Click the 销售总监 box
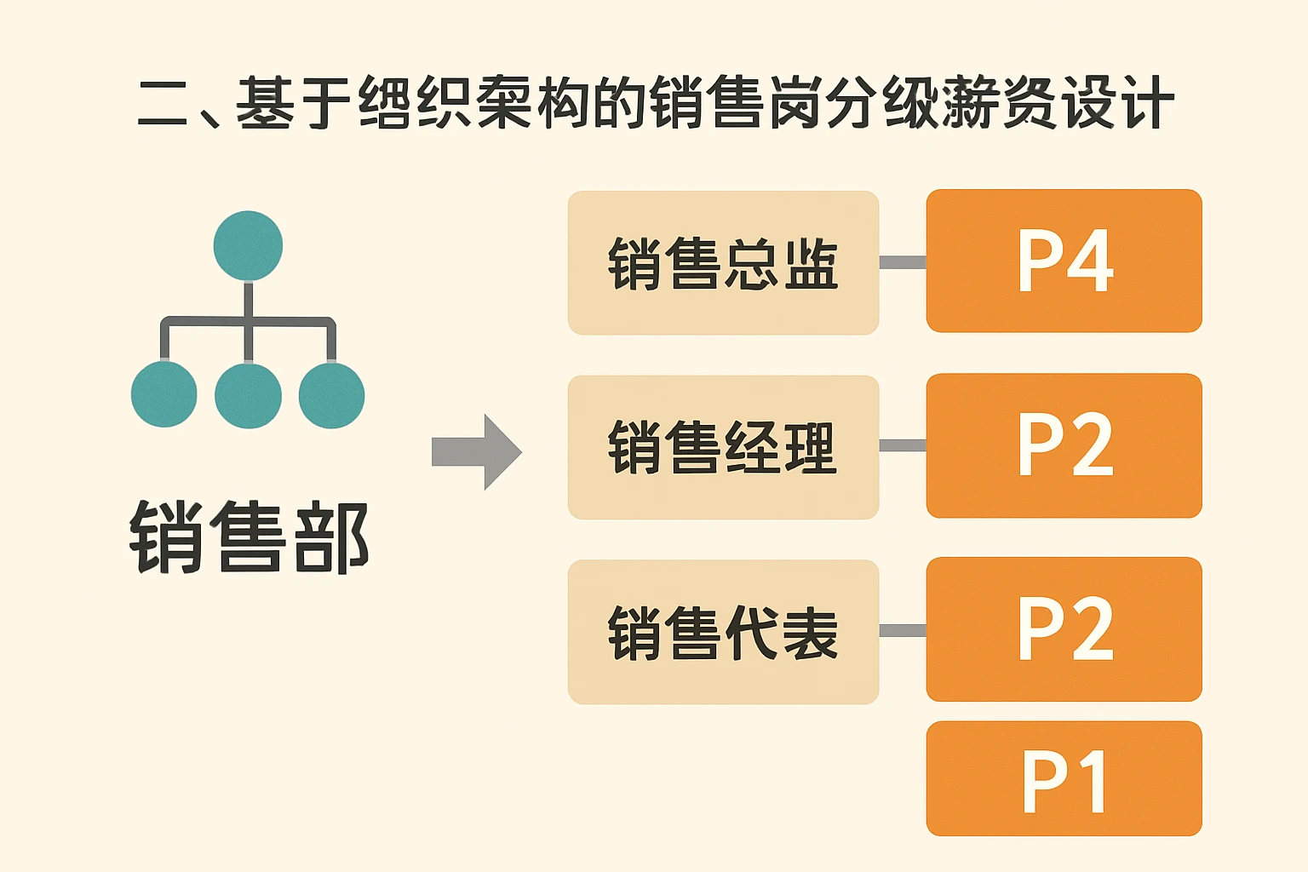(723, 262)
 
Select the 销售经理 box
(723, 447)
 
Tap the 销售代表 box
(723, 632)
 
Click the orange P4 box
(1064, 261)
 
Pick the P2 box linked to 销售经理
(1064, 445)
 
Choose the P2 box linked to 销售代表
(1064, 629)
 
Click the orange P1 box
(1064, 778)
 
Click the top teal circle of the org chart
(248, 245)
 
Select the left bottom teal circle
(164, 394)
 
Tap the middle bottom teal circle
(248, 395)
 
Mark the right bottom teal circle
(331, 394)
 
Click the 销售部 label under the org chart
(249, 537)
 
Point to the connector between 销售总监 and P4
(903, 262)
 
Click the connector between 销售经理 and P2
(903, 445)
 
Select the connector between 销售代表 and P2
(903, 630)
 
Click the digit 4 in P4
(1090, 261)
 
